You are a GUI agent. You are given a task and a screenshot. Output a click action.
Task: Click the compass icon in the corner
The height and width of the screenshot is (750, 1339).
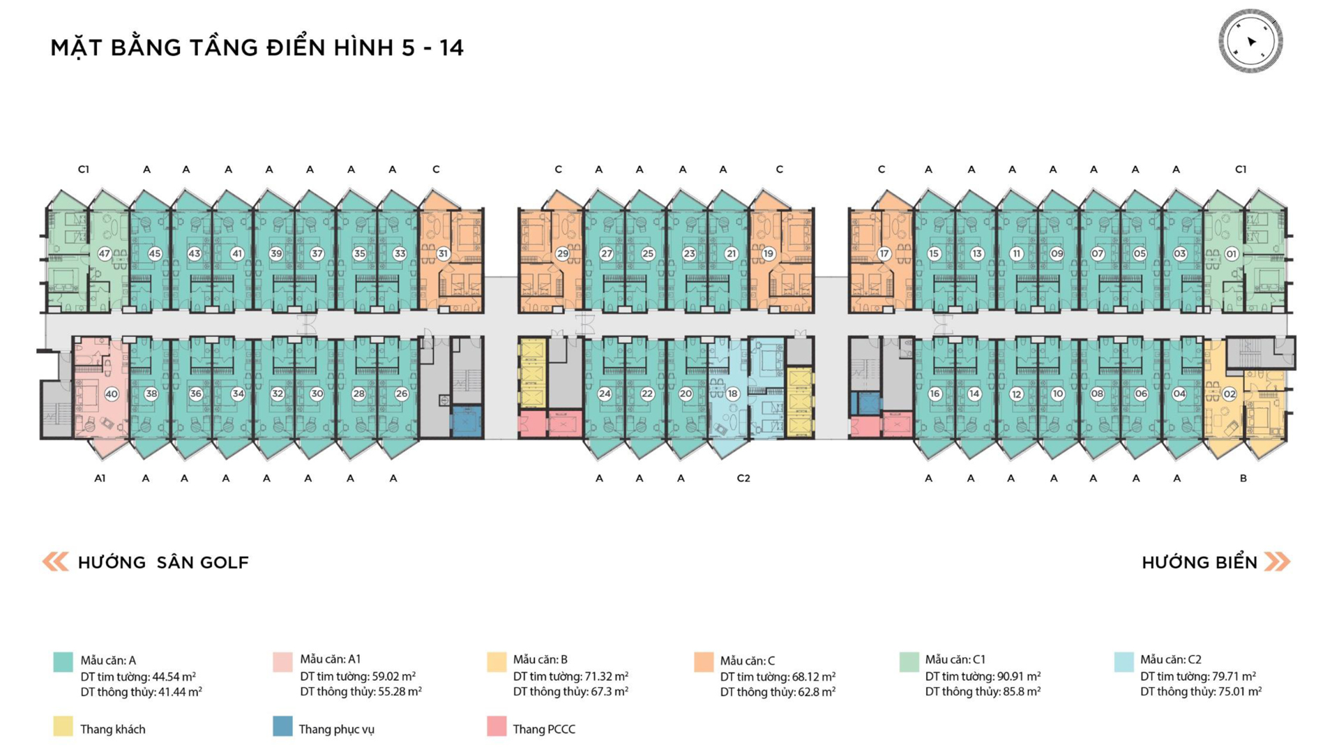(x=1250, y=40)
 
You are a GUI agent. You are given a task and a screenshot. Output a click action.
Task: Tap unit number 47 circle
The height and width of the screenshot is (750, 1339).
(x=105, y=254)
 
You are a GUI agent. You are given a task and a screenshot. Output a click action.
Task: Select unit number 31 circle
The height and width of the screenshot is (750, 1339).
(x=443, y=254)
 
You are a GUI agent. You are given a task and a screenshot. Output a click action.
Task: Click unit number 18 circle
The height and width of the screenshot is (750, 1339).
(x=732, y=393)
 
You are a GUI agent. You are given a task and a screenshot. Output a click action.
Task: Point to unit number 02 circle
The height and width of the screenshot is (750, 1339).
(x=1230, y=393)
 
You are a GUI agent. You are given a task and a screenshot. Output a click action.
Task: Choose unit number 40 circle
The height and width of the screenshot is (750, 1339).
(x=112, y=394)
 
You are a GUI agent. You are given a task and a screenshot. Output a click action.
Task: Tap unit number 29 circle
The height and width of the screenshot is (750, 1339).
(x=563, y=254)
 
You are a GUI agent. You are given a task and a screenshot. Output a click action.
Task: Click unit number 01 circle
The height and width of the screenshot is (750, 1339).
(x=1232, y=254)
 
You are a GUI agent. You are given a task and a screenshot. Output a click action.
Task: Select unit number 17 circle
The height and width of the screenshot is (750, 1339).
(x=884, y=254)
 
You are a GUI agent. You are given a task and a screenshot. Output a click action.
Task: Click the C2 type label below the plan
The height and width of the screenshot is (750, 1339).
(x=743, y=479)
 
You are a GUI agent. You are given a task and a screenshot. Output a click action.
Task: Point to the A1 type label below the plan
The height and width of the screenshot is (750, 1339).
(x=100, y=479)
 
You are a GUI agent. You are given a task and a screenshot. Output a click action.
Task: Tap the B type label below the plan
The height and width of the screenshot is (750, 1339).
(x=1243, y=479)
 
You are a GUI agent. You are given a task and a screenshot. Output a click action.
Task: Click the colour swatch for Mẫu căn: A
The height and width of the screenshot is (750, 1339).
(x=63, y=662)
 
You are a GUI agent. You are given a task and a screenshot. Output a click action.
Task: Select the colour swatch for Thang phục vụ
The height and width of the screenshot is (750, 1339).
(x=282, y=726)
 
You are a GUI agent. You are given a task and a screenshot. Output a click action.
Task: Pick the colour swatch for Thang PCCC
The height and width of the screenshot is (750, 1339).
(x=497, y=726)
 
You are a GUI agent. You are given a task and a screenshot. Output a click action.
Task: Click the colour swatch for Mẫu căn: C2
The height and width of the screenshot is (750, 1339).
(x=1124, y=662)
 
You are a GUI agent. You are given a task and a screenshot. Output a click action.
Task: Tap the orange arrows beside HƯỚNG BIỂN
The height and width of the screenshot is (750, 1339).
(x=1278, y=562)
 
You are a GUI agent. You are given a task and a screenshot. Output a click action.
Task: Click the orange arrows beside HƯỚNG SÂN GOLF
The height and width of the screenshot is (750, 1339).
(x=56, y=562)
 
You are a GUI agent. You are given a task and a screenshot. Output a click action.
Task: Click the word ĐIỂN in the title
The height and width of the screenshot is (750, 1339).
(x=296, y=47)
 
